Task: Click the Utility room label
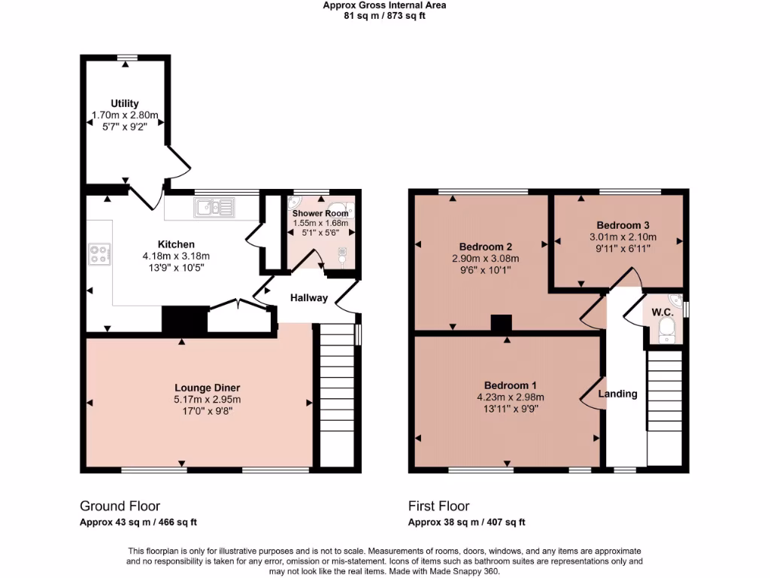pos(124,104)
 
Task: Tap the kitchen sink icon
pos(214,208)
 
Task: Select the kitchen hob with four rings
pos(99,254)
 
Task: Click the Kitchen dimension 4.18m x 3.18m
pos(176,256)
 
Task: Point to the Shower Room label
pos(320,213)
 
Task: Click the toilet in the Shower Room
pos(342,257)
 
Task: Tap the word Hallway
pos(309,298)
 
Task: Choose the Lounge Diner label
pos(208,388)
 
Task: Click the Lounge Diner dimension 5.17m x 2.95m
pos(208,400)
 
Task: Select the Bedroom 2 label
pos(486,247)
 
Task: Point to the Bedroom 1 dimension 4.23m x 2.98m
pos(511,397)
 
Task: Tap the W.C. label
pos(662,312)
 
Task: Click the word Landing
pos(617,394)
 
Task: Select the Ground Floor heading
pos(120,507)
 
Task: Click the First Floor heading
pos(438,507)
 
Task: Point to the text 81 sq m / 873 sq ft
pos(384,16)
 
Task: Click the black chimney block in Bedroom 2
pos(501,324)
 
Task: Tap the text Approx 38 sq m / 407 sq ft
pos(466,522)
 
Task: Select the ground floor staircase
pos(337,395)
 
